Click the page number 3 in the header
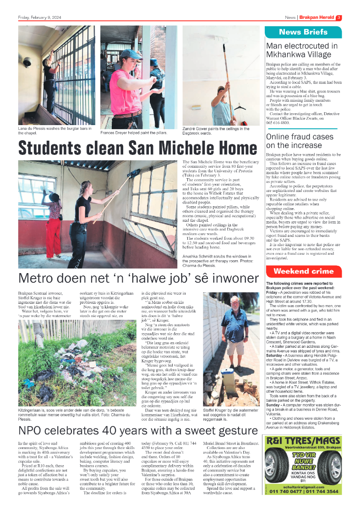339,18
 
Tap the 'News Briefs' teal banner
303,32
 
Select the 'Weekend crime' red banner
303,272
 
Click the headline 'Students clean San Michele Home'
137,148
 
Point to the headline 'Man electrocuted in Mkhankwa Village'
302,50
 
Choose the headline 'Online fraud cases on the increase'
300,141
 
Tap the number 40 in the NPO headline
120,431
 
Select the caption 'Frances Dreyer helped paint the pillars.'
134,133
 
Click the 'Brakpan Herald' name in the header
316,18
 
